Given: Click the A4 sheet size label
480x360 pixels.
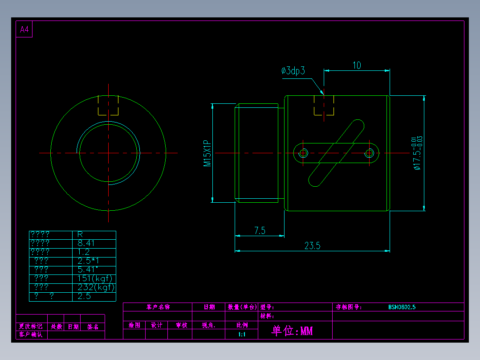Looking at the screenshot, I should [24, 30].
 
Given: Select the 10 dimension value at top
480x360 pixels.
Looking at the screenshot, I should [357, 65].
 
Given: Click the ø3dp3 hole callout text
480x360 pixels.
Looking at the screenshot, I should [293, 70].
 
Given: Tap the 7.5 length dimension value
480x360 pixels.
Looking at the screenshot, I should [260, 230].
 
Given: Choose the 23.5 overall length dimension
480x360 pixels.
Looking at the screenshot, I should [313, 245].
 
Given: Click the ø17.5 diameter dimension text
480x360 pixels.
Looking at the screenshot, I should [417, 154].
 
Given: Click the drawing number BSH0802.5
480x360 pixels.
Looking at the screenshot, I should [402, 307].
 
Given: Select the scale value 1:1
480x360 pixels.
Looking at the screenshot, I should [242, 334].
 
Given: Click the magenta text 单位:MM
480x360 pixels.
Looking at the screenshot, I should [293, 331].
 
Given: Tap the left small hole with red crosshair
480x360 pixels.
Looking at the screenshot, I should [304, 153].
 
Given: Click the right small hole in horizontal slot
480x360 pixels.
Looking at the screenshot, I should [369, 153].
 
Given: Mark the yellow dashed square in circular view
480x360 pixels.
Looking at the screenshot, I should [108, 105].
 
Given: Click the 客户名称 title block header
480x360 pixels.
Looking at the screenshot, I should [158, 307].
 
